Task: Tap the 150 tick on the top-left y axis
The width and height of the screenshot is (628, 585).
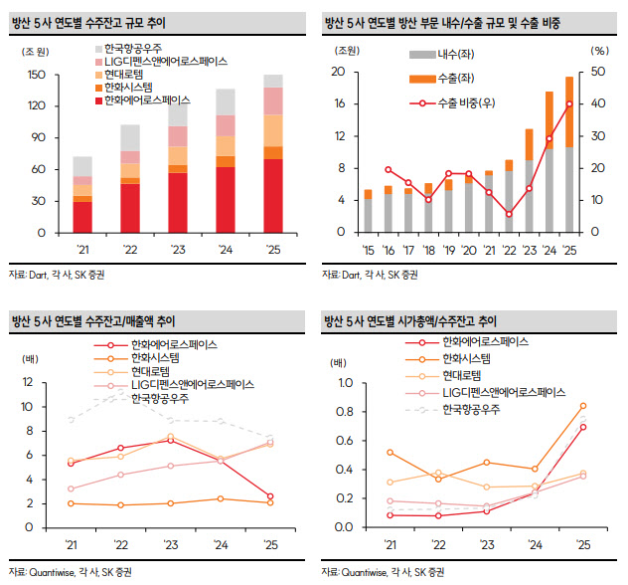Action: [37, 75]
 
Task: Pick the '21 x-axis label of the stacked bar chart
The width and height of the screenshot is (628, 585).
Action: [82, 249]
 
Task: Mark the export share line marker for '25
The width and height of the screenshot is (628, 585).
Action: [569, 104]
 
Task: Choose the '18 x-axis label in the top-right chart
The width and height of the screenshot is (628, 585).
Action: [427, 249]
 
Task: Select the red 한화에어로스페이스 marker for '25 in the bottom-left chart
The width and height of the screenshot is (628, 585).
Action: [270, 496]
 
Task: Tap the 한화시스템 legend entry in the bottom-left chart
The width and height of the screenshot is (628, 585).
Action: [158, 357]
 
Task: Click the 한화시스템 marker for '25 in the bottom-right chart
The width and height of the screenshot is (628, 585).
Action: [582, 406]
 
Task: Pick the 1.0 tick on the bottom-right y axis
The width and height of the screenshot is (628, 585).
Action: [345, 382]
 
